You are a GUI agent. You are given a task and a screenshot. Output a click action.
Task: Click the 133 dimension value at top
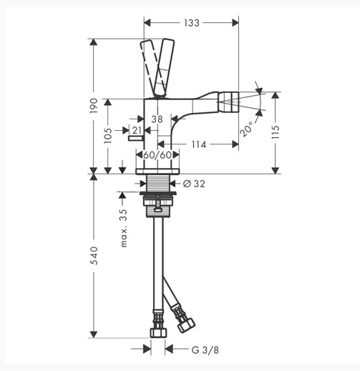pos(192,23)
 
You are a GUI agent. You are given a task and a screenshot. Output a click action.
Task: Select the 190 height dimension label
pos(94,106)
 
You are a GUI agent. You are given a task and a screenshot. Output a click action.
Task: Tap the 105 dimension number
pos(108,135)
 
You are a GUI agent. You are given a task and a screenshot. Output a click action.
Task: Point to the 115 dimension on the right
pos(276,132)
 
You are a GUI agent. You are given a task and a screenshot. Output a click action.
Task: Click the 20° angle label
pos(246,129)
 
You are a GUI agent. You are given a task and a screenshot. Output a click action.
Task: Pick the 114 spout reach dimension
pos(199,144)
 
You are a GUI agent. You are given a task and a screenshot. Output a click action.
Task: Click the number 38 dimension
pos(157,119)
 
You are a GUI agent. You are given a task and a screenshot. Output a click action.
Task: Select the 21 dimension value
pos(137,130)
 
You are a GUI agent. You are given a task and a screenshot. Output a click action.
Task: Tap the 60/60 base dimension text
pos(157,155)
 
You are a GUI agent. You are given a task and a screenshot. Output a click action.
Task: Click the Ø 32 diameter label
pos(194,184)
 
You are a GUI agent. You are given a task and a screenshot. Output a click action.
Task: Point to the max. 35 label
pos(124,228)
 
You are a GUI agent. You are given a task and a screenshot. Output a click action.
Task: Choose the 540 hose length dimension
pos(94,255)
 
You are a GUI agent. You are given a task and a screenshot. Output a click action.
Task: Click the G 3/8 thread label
pos(205,350)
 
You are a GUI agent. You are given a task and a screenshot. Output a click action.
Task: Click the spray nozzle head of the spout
pos(228,102)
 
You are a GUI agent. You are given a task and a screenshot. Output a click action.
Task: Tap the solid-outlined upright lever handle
pos(164,68)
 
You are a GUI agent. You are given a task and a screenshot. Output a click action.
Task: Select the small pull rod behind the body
pos(135,138)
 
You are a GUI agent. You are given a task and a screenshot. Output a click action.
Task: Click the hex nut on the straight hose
pos(158,332)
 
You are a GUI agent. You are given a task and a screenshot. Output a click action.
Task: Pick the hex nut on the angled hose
pos(186,325)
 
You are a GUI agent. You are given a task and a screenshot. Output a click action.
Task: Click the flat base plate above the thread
pos(157,171)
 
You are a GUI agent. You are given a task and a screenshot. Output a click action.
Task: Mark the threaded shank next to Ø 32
pos(158,183)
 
